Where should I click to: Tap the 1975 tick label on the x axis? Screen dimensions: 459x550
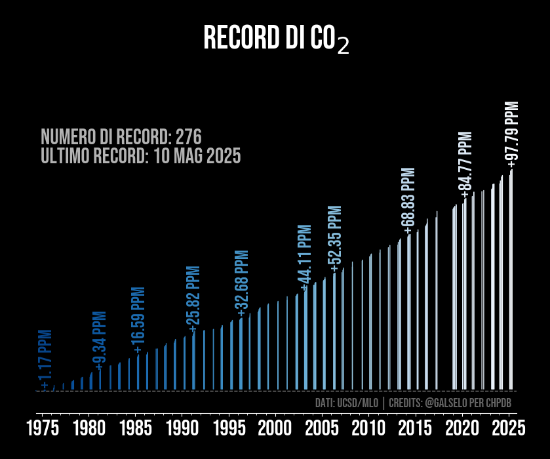[43, 429]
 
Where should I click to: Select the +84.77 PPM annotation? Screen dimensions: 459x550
[465, 164]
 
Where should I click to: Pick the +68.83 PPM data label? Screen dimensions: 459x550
[410, 201]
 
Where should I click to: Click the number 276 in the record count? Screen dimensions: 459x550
[188, 137]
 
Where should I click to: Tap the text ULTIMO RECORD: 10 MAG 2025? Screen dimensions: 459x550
[140, 156]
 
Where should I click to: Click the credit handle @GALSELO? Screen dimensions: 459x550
[450, 403]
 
